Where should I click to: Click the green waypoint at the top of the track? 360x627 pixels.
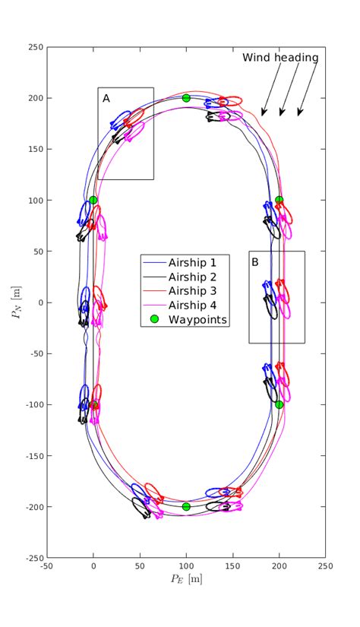(186, 98)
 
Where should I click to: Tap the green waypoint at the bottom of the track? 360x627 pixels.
(186, 506)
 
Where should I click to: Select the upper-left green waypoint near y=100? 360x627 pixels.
(93, 200)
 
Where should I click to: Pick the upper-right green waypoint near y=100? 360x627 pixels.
(279, 200)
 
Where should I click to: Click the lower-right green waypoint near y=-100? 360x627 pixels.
(279, 404)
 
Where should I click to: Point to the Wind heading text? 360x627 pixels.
(280, 58)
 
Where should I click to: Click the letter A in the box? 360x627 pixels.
(106, 98)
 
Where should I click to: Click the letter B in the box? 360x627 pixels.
(255, 262)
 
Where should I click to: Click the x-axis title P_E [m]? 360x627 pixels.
(186, 580)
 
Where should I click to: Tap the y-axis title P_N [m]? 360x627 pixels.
(17, 302)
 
